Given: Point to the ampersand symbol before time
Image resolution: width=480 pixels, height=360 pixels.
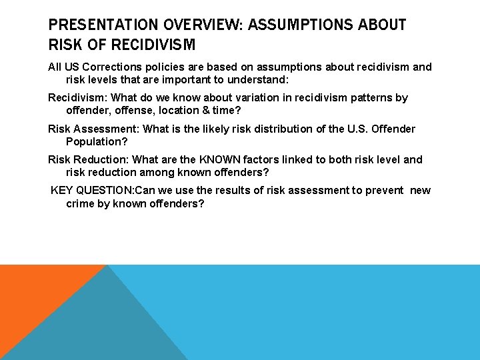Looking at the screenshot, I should pos(205,111).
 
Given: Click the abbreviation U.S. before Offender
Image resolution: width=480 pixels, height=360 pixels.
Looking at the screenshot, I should pos(359,129).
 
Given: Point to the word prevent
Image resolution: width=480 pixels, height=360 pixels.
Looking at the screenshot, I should pos(381,191).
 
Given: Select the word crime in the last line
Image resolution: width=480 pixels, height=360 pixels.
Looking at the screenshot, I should pos(81,203).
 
